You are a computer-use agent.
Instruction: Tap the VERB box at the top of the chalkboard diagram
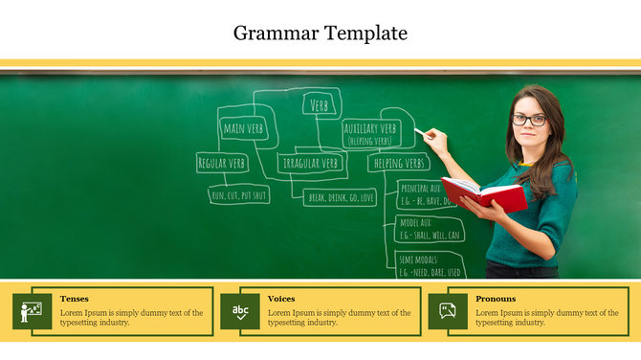click(321, 104)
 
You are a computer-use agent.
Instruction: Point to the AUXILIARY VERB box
click(370, 132)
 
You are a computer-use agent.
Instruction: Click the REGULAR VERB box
click(221, 164)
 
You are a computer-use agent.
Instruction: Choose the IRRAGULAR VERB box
click(312, 164)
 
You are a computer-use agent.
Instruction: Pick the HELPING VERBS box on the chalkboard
click(399, 164)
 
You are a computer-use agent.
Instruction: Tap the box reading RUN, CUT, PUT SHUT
click(238, 195)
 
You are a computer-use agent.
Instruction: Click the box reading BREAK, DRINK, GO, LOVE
click(341, 197)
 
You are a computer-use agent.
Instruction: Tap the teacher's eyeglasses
click(528, 120)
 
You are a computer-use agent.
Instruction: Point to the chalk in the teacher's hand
click(420, 131)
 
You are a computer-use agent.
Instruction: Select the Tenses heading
click(74, 299)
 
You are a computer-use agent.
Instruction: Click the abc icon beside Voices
click(240, 311)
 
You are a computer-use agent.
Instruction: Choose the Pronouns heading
click(496, 299)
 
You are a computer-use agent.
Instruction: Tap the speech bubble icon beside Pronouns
click(448, 311)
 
